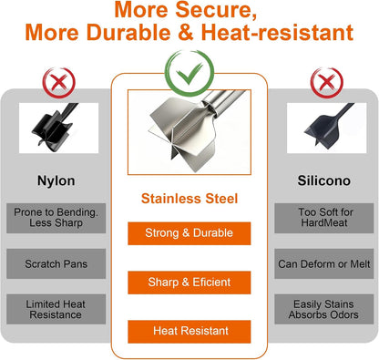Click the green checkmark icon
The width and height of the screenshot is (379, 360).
pyautogui.click(x=189, y=73)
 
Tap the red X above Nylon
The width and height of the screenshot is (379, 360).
pyautogui.click(x=58, y=83)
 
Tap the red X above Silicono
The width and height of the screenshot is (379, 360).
pyautogui.click(x=326, y=83)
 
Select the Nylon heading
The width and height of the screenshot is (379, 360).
pyautogui.click(x=56, y=180)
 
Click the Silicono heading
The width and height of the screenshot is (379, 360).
pyautogui.click(x=324, y=180)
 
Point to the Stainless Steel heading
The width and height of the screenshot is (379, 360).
pyautogui.click(x=189, y=199)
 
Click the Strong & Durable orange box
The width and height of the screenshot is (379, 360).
pyautogui.click(x=189, y=233)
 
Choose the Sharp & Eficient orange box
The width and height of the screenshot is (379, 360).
pyautogui.click(x=189, y=283)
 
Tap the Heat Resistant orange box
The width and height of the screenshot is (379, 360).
pyautogui.click(x=189, y=332)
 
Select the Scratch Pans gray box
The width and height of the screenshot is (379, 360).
pyautogui.click(x=56, y=263)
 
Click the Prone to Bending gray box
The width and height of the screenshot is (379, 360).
pyautogui.click(x=56, y=218)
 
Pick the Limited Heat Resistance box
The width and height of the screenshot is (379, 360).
pyautogui.click(x=56, y=309)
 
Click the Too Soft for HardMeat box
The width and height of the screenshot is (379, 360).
pyautogui.click(x=324, y=218)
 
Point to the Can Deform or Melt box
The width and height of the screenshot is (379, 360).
pyautogui.click(x=324, y=263)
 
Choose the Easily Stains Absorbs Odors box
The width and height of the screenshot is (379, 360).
pyautogui.click(x=324, y=309)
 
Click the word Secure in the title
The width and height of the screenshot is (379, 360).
pyautogui.click(x=216, y=10)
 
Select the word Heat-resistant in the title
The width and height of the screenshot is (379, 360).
pyautogui.click(x=277, y=32)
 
